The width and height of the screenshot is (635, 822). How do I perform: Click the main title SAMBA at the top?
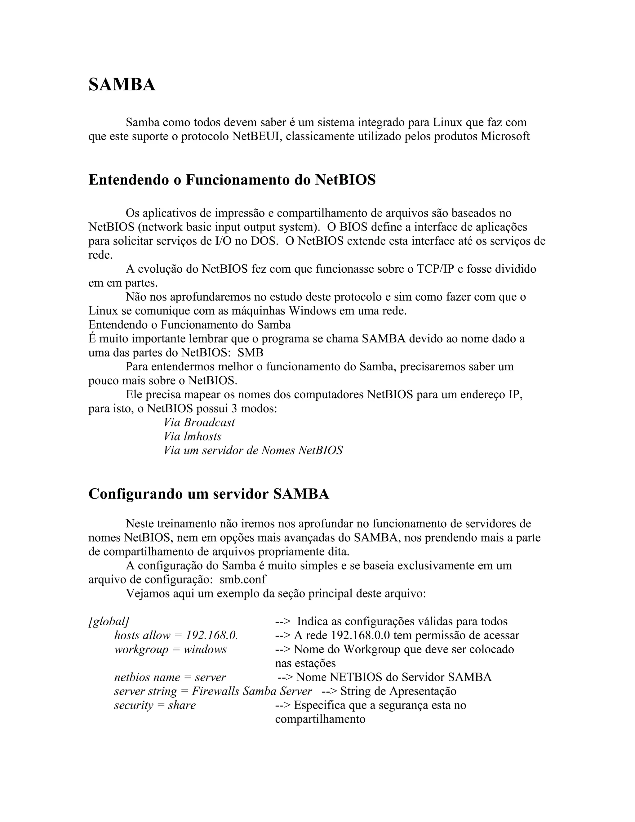pos(122,84)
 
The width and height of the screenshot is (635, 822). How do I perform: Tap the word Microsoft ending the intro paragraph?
pos(505,136)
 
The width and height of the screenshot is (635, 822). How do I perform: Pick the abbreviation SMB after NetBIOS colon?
pos(251,353)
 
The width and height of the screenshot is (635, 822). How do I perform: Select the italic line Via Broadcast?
pos(199,422)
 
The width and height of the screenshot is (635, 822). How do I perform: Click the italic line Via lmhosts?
pos(192,436)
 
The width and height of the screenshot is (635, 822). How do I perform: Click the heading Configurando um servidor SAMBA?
pos(209,494)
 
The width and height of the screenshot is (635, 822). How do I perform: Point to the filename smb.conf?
pos(243,579)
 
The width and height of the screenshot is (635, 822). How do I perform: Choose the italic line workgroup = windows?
pos(171,649)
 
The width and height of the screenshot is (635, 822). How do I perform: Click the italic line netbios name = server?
pos(170,677)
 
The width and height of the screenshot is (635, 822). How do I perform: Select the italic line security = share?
pos(155,705)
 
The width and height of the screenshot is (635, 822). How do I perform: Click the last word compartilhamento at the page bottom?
pos(320,719)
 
